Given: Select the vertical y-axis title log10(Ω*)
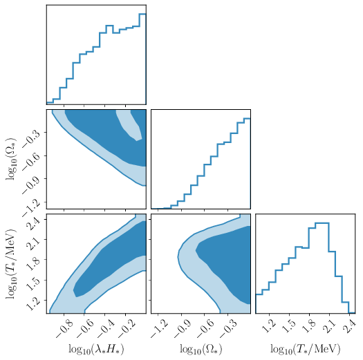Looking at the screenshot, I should click(12, 158).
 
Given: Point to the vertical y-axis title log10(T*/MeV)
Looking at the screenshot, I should click(12, 263).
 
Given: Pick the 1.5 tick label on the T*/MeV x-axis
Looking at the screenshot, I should click(288, 325).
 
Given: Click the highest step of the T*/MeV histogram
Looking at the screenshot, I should click(322, 223).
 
